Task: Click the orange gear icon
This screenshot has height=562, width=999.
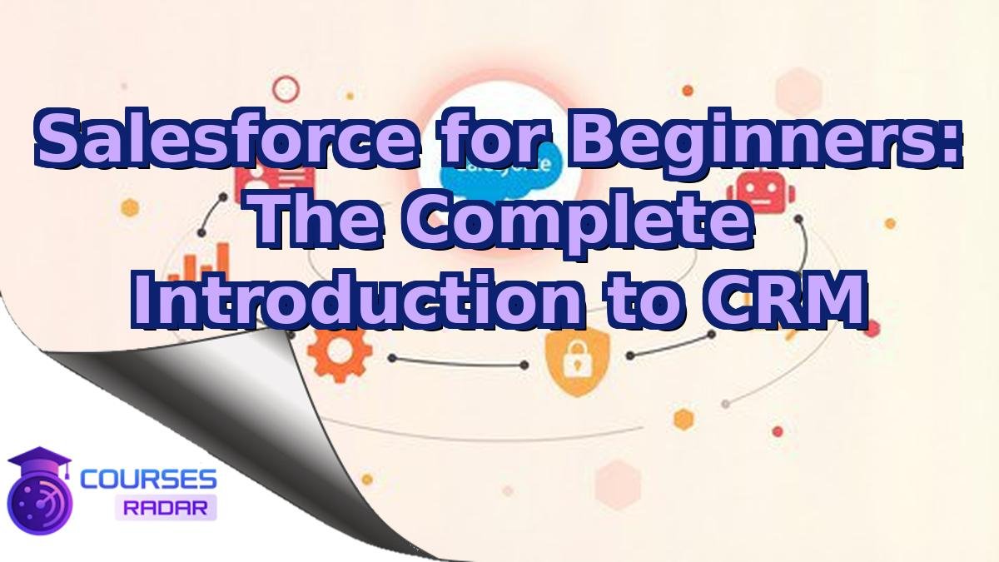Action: click(340, 351)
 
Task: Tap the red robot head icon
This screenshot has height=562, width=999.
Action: click(761, 193)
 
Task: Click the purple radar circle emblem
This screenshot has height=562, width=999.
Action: click(37, 500)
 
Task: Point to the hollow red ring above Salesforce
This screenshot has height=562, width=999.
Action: click(286, 87)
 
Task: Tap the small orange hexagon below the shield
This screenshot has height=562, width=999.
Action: click(683, 417)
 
